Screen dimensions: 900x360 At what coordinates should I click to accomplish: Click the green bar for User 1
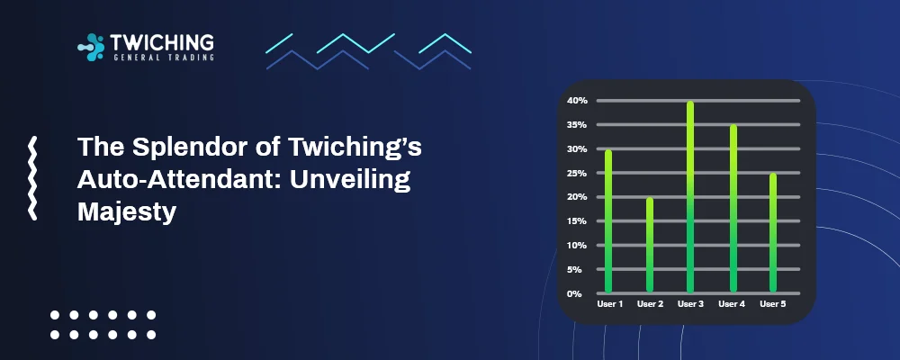click(608, 221)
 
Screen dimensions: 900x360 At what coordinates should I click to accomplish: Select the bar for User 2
click(650, 245)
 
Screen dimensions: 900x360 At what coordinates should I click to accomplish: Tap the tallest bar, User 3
click(690, 197)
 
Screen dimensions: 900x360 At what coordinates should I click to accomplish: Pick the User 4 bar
click(733, 209)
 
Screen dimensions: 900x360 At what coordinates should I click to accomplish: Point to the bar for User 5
click(773, 233)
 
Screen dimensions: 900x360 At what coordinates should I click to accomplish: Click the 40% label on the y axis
click(578, 101)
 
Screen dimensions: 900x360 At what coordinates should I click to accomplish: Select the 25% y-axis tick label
click(578, 173)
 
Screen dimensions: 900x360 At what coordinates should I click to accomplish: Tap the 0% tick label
click(574, 294)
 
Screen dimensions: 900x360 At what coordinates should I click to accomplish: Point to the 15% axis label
click(578, 221)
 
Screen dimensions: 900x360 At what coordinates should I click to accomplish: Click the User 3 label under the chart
click(690, 304)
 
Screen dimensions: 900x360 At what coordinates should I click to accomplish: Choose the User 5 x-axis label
click(773, 304)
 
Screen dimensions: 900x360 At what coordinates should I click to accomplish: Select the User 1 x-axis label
click(609, 304)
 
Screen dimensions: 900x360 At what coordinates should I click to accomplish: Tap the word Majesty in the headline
click(126, 211)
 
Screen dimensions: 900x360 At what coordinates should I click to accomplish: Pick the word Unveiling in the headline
click(350, 180)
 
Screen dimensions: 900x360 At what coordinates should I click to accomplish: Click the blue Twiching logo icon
click(91, 47)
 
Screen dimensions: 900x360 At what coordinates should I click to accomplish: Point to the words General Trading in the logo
click(162, 57)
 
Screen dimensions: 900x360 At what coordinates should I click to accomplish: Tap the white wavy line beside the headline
click(32, 178)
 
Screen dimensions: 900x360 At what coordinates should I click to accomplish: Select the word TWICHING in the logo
click(162, 42)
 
